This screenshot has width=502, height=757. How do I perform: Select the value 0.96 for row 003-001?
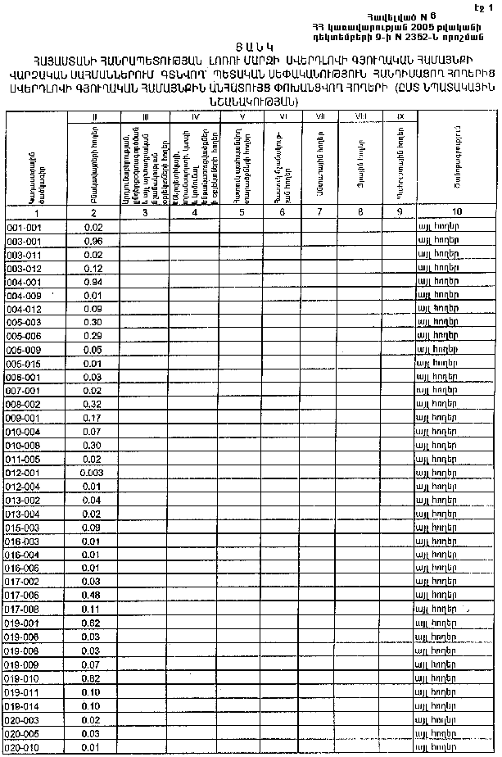(x=93, y=242)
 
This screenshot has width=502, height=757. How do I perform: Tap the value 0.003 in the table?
(x=93, y=473)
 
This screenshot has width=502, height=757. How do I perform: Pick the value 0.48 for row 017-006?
(x=93, y=595)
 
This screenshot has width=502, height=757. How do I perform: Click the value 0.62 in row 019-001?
(x=93, y=623)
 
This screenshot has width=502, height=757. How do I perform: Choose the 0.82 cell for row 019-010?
(x=93, y=679)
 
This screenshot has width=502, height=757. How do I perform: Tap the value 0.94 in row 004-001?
(x=93, y=281)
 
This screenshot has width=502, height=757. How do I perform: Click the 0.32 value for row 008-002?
(x=93, y=404)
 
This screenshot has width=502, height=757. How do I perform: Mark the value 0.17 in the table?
(x=93, y=418)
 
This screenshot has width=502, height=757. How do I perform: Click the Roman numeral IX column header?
(x=400, y=117)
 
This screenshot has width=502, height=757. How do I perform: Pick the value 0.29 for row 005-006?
(x=93, y=336)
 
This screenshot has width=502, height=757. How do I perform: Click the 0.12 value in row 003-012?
(x=93, y=268)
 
